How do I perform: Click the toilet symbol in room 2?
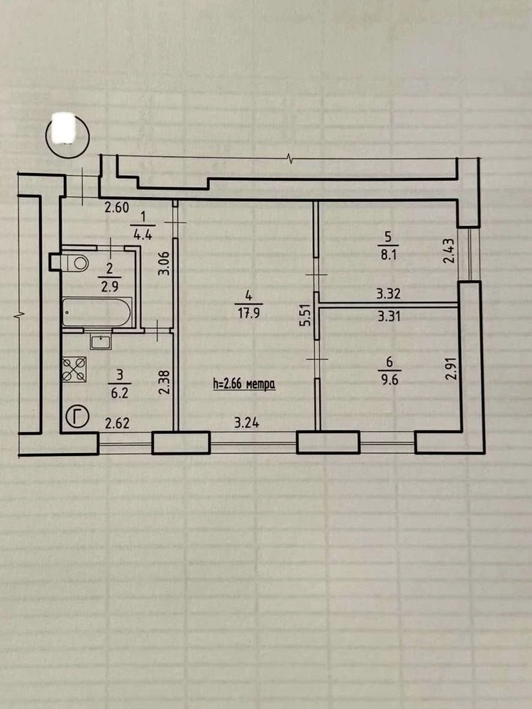(x=74, y=262)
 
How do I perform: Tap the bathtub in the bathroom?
(x=96, y=313)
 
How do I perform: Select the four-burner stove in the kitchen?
(x=74, y=369)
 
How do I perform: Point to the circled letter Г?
(x=77, y=416)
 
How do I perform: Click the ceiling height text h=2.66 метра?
(x=244, y=385)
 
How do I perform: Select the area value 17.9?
(x=249, y=313)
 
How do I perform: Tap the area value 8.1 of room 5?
(x=389, y=255)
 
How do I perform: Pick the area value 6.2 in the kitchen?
(x=119, y=393)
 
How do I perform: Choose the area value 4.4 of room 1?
(x=143, y=235)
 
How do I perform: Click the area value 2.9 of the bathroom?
(x=110, y=286)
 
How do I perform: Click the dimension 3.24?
(x=247, y=424)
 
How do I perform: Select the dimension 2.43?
(x=448, y=250)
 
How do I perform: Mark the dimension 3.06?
(x=165, y=263)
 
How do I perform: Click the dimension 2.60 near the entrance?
(x=117, y=208)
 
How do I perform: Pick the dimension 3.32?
(x=389, y=294)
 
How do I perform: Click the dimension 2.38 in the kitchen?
(x=165, y=382)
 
